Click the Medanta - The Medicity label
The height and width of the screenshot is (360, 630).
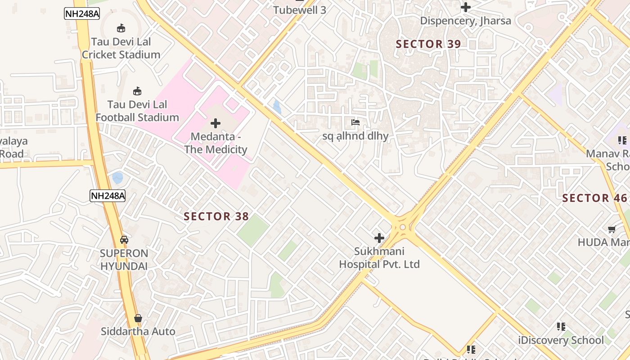pyautogui.click(x=216, y=143)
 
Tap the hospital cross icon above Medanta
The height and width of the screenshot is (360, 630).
pyautogui.click(x=216, y=123)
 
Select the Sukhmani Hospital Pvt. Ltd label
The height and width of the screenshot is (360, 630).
pyautogui.click(x=379, y=258)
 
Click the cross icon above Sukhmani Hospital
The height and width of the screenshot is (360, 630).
pyautogui.click(x=379, y=238)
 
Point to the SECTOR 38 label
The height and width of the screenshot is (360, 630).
pyautogui.click(x=216, y=216)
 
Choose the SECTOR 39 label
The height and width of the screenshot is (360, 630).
pyautogui.click(x=428, y=44)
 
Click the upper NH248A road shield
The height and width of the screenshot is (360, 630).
pyautogui.click(x=82, y=13)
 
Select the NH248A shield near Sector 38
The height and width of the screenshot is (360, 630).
pyautogui.click(x=107, y=196)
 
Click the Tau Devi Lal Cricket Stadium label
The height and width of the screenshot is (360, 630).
pyautogui.click(x=121, y=48)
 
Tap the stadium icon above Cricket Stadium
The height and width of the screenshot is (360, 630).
pyautogui.click(x=121, y=28)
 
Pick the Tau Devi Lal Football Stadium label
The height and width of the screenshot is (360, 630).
pyautogui.click(x=137, y=111)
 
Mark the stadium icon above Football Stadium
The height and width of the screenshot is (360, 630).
pyautogui.click(x=137, y=91)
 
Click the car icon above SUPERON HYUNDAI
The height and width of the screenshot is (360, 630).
pyautogui.click(x=124, y=240)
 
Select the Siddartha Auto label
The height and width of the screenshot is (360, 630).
pyautogui.click(x=138, y=332)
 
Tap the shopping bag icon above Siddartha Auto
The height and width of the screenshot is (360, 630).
pyautogui.click(x=138, y=318)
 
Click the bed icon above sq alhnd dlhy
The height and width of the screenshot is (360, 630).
pyautogui.click(x=355, y=122)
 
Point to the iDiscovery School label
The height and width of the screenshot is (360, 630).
pyautogui.click(x=561, y=340)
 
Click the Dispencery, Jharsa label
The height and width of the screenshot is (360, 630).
pyautogui.click(x=465, y=21)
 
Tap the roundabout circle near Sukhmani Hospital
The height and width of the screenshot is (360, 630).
pyautogui.click(x=402, y=227)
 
